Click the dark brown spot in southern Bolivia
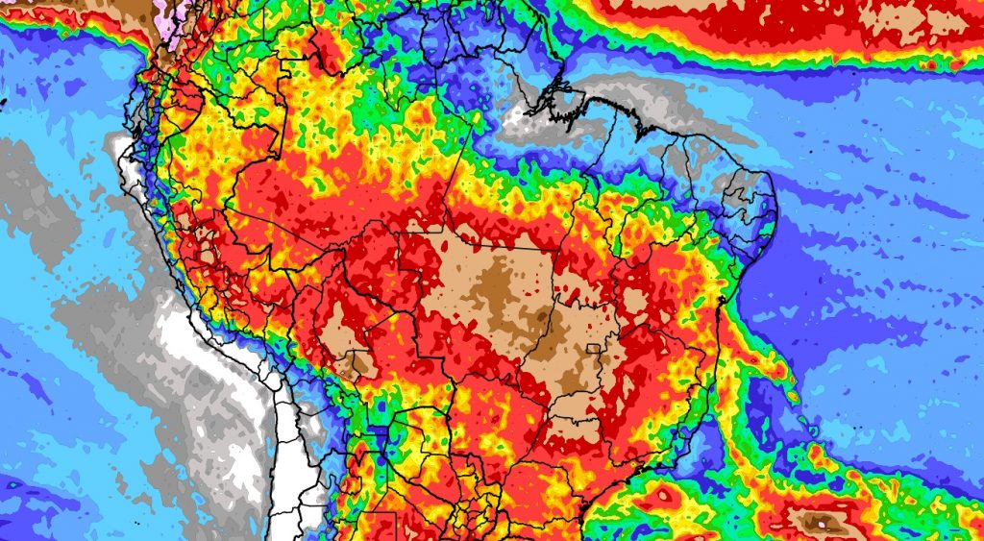(x=358, y=363)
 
